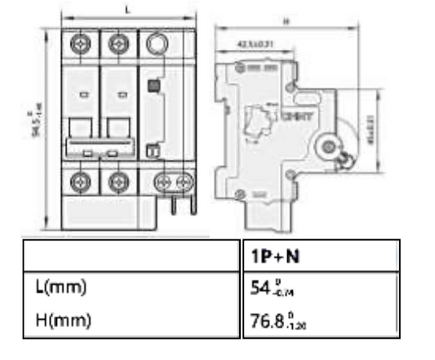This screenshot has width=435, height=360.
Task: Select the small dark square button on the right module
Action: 153,85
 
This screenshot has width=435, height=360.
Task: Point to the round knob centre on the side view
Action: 330,146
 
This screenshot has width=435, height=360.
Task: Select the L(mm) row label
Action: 61,287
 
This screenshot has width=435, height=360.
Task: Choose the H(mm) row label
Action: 62,320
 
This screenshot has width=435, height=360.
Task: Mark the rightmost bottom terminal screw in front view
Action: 185,180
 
